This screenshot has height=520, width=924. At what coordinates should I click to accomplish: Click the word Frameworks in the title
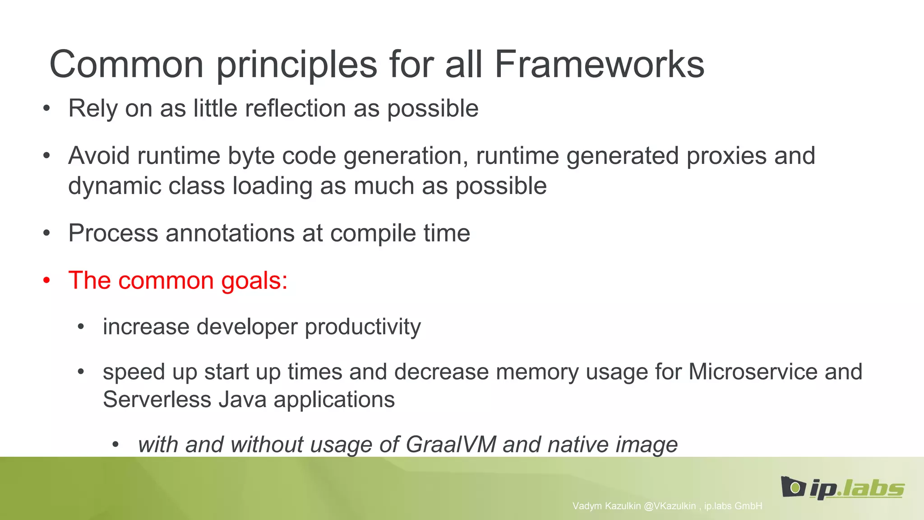599,65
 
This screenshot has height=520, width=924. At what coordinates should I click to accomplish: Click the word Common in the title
126,65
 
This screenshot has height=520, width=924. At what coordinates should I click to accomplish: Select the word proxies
726,156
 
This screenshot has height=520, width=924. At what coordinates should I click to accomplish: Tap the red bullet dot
46,281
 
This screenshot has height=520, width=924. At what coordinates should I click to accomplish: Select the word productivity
363,327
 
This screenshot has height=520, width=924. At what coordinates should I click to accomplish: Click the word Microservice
753,372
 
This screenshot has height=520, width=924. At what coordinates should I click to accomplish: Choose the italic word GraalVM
451,445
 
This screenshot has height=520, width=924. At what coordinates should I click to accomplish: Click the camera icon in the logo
793,487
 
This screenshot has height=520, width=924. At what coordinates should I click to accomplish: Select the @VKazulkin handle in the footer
670,506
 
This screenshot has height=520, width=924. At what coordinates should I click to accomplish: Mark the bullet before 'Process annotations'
46,233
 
